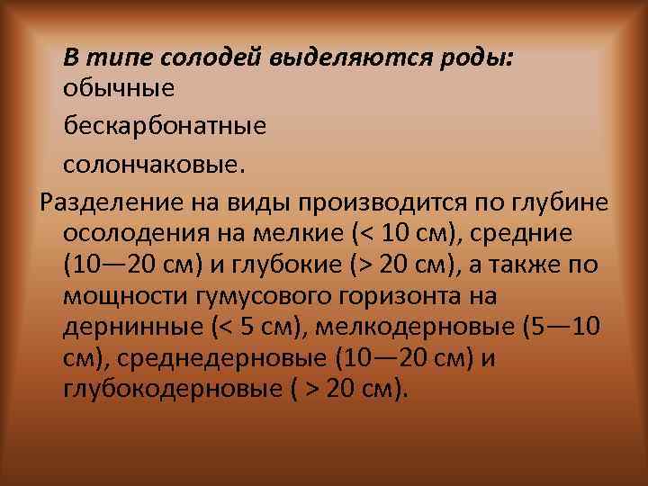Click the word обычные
(119, 88)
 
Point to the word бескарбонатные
(165, 125)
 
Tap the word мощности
(115, 297)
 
